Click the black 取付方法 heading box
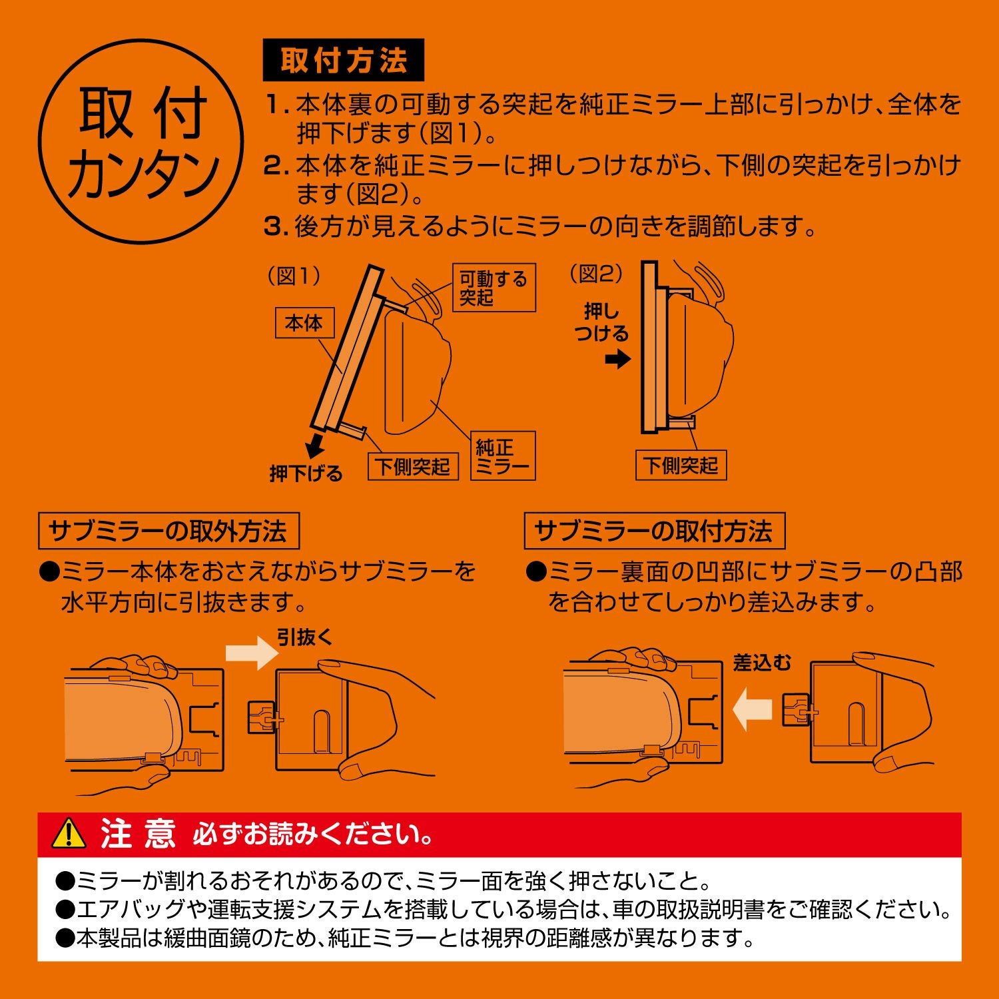tap(343, 61)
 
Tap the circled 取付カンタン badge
tap(141, 141)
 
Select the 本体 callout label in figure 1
tap(303, 324)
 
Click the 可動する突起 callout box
tap(494, 288)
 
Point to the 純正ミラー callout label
tap(503, 457)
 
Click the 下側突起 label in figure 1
tap(413, 466)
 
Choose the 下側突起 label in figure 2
tap(681, 465)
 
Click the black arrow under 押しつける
tap(618, 360)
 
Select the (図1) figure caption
tap(294, 276)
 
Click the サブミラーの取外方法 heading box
tap(168, 531)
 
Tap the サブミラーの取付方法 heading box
tap(654, 531)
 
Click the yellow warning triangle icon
tap(69, 834)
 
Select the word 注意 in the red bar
tap(139, 834)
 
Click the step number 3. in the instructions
tap(276, 227)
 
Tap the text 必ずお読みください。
tap(313, 834)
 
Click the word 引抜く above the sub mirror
tap(304, 637)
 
